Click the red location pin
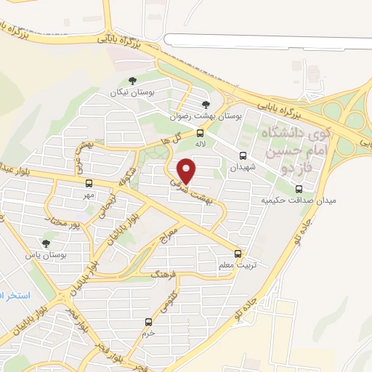point(187,171)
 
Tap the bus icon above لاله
point(201,132)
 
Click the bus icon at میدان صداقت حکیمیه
point(299,189)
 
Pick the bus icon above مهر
point(89,184)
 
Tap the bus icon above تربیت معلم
point(239,254)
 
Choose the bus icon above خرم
point(148,321)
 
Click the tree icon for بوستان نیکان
point(132,81)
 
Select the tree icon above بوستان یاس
point(46,243)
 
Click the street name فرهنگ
point(164,274)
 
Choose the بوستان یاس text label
point(46,256)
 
